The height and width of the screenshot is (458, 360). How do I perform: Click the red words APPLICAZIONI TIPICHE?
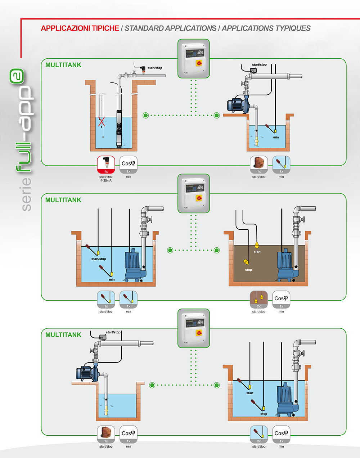(80, 28)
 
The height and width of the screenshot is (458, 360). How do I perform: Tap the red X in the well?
(102, 122)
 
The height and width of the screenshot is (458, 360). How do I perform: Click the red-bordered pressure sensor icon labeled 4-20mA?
(106, 165)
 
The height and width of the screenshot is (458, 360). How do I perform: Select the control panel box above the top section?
(194, 59)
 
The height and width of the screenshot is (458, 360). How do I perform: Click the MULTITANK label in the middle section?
(63, 200)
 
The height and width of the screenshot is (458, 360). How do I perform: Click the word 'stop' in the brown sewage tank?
(248, 270)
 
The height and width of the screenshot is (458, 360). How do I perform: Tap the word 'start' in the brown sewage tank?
(257, 252)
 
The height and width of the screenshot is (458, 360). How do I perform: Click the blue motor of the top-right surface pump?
(235, 105)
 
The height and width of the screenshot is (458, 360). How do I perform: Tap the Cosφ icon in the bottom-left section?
(129, 434)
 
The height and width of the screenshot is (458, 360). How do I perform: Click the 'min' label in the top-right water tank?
(276, 137)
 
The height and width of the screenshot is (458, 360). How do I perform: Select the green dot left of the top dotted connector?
(145, 115)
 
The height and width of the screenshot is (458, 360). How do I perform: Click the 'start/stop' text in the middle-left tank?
(99, 259)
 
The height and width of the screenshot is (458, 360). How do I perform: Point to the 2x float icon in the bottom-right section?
(259, 434)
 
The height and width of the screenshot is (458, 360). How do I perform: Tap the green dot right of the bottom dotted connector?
(217, 385)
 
